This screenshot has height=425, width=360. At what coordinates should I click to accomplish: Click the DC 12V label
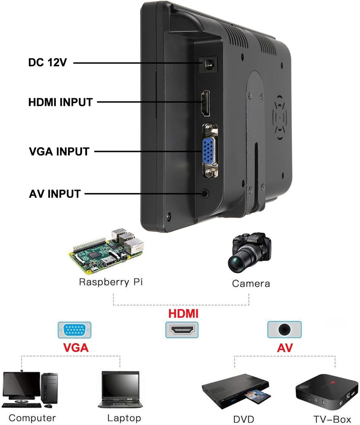coord(48,62)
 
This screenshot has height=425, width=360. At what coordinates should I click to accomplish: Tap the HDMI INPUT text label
coord(60,102)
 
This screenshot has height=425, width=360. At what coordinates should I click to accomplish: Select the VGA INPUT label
coord(59,151)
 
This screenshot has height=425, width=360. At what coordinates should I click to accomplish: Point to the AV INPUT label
coord(55,194)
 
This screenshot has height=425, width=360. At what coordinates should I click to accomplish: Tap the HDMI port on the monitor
coord(206,103)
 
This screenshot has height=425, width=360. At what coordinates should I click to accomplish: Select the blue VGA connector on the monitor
coord(209,151)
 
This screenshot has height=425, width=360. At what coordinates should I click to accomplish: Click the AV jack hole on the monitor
coord(205,193)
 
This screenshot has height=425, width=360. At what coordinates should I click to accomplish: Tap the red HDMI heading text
coord(184,313)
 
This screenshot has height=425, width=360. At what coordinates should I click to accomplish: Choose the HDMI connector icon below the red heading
coord(182,330)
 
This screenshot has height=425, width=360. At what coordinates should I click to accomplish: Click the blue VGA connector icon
coord(75,330)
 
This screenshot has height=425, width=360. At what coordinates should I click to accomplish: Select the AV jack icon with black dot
coord(284,329)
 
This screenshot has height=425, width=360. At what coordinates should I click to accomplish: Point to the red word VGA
coord(76,348)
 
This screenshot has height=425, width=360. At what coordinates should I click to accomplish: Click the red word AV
coord(285,348)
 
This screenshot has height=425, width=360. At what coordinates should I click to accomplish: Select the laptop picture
coord(120,389)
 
